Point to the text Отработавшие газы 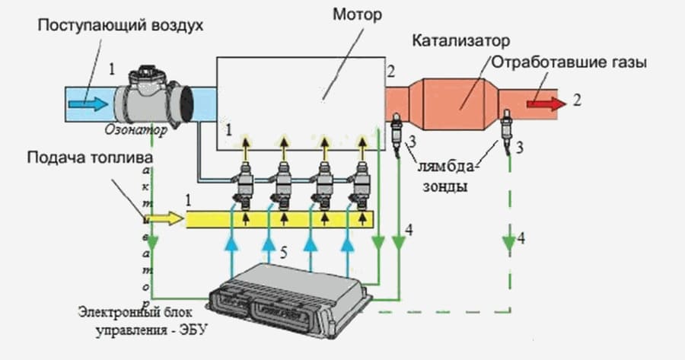pos(569,63)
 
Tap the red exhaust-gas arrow pos(544,100)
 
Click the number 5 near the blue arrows pos(282,254)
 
